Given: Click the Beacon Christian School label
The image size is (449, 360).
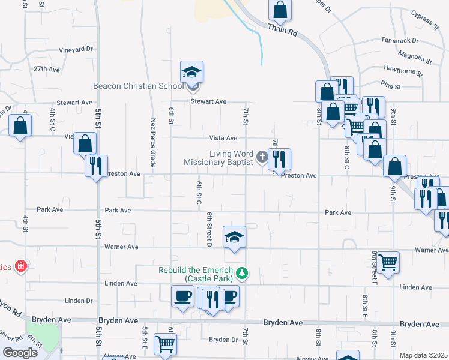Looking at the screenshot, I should pos(138,86).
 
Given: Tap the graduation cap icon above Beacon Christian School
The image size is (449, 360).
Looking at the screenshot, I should pos(192,72).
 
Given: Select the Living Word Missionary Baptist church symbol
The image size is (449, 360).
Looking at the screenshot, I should pos(262,158).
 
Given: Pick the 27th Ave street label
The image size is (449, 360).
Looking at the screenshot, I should pos(47,69).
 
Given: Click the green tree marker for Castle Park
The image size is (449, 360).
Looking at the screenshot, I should pos(242,274).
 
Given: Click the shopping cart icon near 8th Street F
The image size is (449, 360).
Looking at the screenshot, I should pos(388,262).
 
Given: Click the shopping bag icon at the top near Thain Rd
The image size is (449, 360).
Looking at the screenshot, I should pos(280,10).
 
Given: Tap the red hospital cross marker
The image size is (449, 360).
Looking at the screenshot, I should pos(21,265).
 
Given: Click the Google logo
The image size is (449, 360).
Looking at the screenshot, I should pos(20,353).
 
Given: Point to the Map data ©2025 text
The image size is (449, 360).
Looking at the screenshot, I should pos(423,355).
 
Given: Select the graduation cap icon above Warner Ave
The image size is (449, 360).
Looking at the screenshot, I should pos(234,237).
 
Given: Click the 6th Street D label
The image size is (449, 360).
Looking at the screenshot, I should pos(210,229).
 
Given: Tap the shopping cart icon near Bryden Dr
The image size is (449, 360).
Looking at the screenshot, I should pos(165,344).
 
